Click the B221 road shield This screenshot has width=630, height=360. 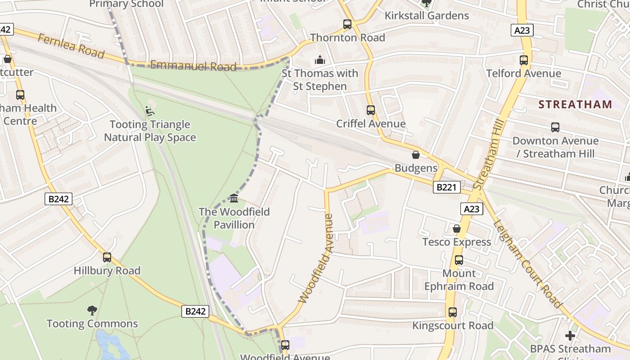[446, 187]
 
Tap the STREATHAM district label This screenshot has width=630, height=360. [575, 104]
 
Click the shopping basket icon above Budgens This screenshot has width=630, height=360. [416, 155]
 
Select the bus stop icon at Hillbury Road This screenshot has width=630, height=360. [107, 257]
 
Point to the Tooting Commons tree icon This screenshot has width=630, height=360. [92, 310]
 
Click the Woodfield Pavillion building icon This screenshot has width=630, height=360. [234, 198]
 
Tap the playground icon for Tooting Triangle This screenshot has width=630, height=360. [150, 111]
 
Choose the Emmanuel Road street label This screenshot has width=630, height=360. [193, 66]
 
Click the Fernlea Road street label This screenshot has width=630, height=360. [71, 45]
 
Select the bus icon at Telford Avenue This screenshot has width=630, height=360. [523, 60]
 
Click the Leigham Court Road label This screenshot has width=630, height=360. [527, 263]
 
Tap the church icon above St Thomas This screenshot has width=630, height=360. [319, 60]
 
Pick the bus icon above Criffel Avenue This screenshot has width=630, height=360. [370, 110]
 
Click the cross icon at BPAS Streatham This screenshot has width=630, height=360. [570, 336]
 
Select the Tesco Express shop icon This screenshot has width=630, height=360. [457, 229]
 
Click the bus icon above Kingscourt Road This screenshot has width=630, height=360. [452, 312]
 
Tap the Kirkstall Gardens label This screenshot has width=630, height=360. [426, 16]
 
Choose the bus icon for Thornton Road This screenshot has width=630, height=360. [347, 24]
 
